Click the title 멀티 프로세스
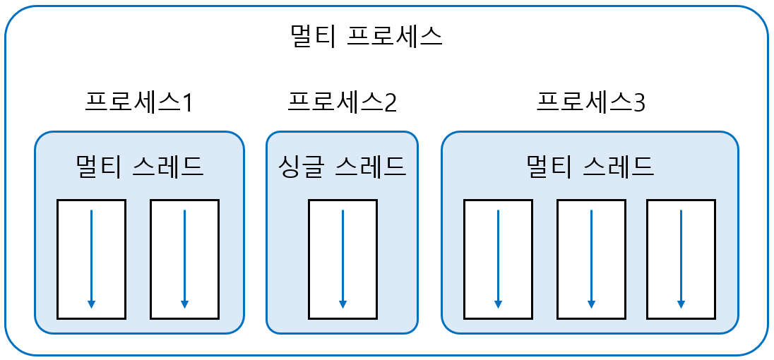click(x=367, y=36)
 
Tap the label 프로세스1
click(x=138, y=103)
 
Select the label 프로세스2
click(x=342, y=103)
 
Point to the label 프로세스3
click(x=590, y=103)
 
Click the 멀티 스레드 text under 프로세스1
click(x=139, y=167)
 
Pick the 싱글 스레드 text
click(x=342, y=167)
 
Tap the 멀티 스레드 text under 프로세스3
click(x=590, y=167)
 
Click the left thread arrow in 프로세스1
click(x=91, y=258)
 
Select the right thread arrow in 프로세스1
click(x=184, y=258)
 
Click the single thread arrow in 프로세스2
click(x=343, y=258)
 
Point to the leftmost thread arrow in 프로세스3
click(x=498, y=258)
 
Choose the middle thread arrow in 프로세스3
click(x=591, y=258)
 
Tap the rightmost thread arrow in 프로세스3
click(x=681, y=258)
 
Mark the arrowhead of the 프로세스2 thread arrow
click(x=343, y=304)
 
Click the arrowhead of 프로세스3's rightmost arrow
click(x=681, y=304)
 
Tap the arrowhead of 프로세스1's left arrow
click(x=91, y=304)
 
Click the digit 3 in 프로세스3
click(x=639, y=104)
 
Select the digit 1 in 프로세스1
click(x=187, y=104)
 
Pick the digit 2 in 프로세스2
click(x=391, y=104)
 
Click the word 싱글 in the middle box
click(x=299, y=167)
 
